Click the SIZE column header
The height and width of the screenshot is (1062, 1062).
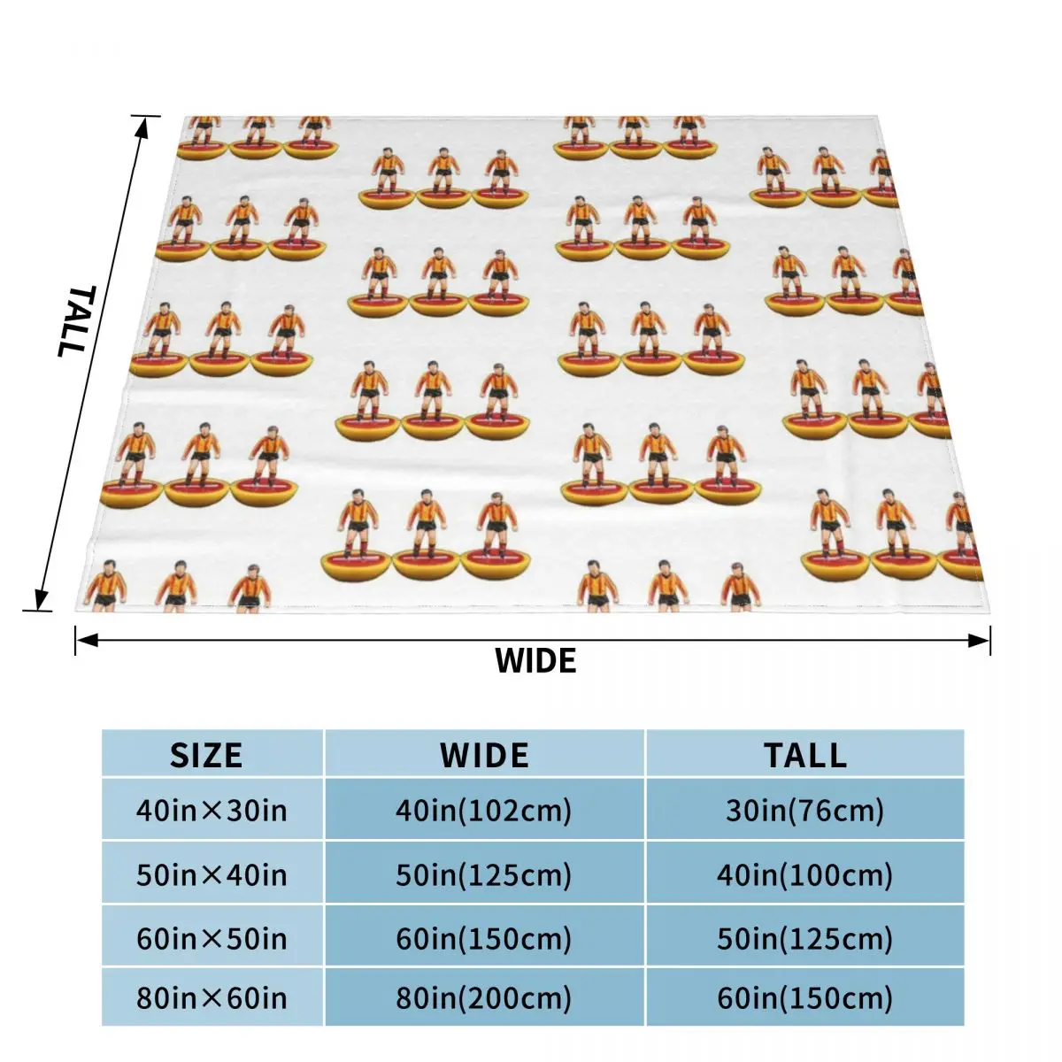click(206, 755)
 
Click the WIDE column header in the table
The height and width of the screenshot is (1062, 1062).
click(484, 755)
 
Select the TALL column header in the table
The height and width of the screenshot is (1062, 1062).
click(804, 755)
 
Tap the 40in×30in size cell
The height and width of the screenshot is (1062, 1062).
click(212, 810)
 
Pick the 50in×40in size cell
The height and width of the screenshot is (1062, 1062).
click(212, 874)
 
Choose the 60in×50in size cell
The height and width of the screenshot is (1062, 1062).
click(212, 937)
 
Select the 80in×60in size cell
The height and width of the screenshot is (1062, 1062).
click(212, 998)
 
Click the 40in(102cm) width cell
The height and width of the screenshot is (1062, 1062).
click(483, 810)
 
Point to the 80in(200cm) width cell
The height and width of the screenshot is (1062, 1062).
click(483, 998)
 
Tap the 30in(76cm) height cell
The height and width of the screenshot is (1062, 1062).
click(804, 810)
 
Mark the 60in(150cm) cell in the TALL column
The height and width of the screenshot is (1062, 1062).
click(804, 998)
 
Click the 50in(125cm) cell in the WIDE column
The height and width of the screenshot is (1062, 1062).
click(483, 874)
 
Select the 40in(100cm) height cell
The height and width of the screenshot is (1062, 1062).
click(804, 874)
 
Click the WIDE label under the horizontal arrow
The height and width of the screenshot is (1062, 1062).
click(535, 661)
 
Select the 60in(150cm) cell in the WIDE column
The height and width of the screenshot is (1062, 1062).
click(483, 937)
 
